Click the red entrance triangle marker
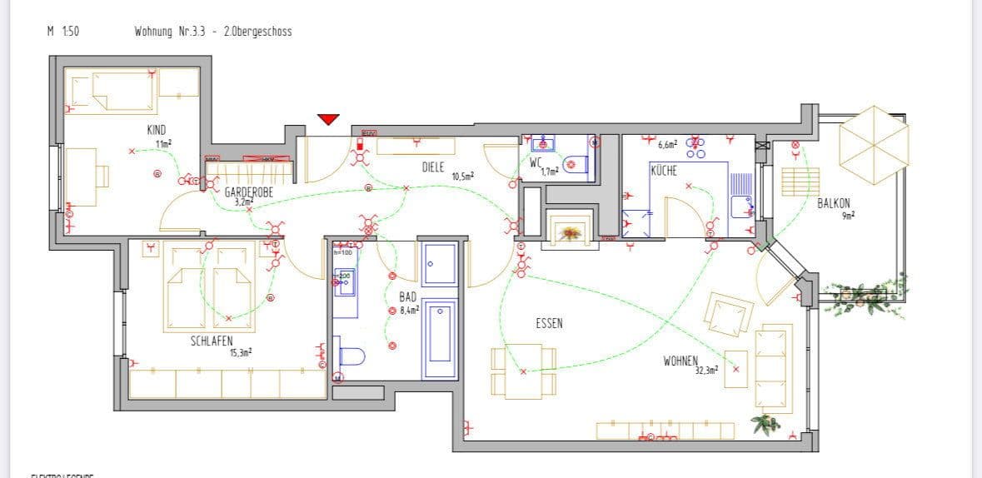click(x=329, y=119)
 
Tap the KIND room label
click(x=157, y=130)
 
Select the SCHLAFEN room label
click(x=212, y=341)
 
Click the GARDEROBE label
click(x=248, y=192)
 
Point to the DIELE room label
click(x=432, y=167)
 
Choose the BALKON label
click(x=833, y=202)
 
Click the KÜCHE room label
click(x=664, y=170)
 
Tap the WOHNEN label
click(x=680, y=361)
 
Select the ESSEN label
click(x=549, y=323)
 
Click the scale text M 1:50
click(x=63, y=32)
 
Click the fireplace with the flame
click(x=570, y=231)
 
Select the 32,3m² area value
click(x=706, y=371)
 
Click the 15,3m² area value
click(x=241, y=352)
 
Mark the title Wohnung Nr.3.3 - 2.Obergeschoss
click(x=212, y=32)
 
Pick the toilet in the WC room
click(x=576, y=165)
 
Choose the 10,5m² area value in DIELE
click(x=462, y=177)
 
